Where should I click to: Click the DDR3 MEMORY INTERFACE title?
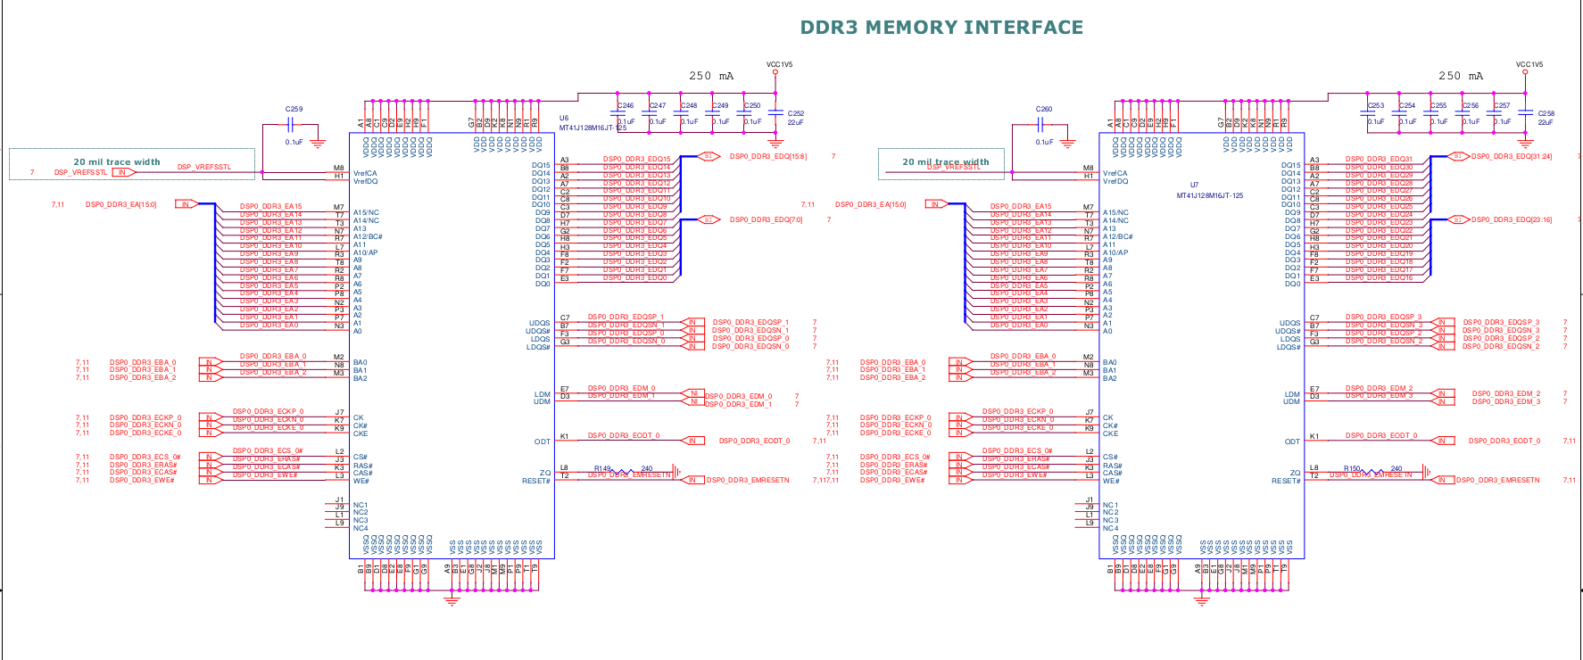(941, 28)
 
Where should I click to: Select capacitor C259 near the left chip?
(294, 126)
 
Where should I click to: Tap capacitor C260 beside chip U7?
(1043, 126)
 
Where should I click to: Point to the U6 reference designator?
(564, 118)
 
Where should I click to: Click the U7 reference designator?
(1194, 186)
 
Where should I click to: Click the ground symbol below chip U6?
(452, 600)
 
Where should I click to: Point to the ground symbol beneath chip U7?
(1201, 600)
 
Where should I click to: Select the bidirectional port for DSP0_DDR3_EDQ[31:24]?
(1458, 156)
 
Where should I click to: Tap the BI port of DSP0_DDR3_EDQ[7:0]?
(709, 219)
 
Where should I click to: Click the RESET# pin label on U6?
(536, 481)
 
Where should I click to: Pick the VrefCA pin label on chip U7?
(1115, 174)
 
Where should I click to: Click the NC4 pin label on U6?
(361, 528)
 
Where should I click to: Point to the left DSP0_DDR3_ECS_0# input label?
(145, 457)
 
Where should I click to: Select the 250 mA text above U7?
(1460, 77)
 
